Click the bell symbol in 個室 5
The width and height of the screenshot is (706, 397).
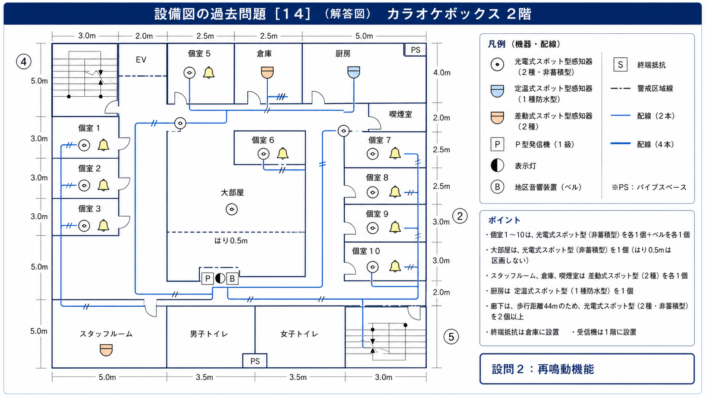pyautogui.click(x=208, y=73)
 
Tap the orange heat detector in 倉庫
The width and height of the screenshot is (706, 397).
pyautogui.click(x=267, y=73)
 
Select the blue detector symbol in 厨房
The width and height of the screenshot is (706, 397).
pyautogui.click(x=353, y=72)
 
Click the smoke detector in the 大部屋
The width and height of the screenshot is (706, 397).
pyautogui.click(x=232, y=209)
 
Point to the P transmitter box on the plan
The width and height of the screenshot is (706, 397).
pyautogui.click(x=207, y=278)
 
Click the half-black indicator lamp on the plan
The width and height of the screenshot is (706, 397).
pyautogui.click(x=220, y=278)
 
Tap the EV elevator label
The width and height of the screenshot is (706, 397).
pyautogui.click(x=141, y=59)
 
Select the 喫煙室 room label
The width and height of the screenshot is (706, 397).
pyautogui.click(x=401, y=114)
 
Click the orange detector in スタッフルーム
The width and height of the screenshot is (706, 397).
pyautogui.click(x=106, y=350)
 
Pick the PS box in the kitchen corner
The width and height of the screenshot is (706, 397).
pyautogui.click(x=415, y=50)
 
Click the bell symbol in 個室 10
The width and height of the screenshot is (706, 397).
pyautogui.click(x=395, y=266)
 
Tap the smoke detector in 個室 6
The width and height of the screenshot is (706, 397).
pyautogui.click(x=263, y=154)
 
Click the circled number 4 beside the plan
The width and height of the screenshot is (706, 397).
pyautogui.click(x=24, y=62)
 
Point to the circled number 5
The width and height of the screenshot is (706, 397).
pyautogui.click(x=451, y=337)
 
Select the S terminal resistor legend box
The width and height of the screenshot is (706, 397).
pyautogui.click(x=620, y=65)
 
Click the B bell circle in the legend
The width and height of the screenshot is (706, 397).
pyautogui.click(x=497, y=187)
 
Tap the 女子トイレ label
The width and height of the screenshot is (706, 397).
pyautogui.click(x=299, y=334)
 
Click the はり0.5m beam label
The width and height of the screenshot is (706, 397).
pyautogui.click(x=231, y=241)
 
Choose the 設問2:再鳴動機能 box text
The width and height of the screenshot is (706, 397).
pyautogui.click(x=543, y=369)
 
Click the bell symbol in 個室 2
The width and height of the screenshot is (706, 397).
pyautogui.click(x=103, y=185)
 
